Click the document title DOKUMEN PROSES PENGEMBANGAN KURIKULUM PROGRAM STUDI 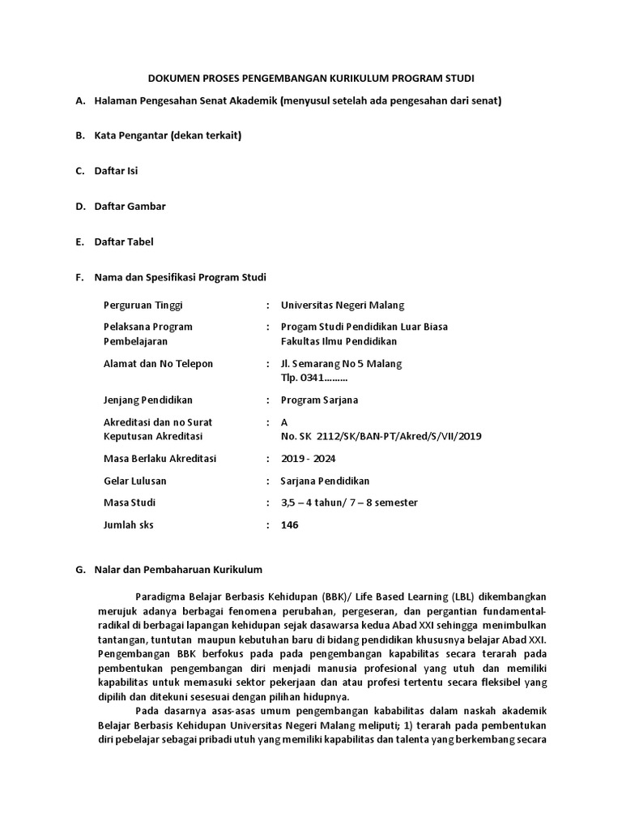point(311,78)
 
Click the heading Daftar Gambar point(130,206)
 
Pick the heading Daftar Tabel point(124,242)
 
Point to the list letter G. point(79,570)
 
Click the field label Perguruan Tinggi point(143,305)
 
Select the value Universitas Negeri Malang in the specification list point(342,305)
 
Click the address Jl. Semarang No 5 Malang point(341,363)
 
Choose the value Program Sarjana point(319,400)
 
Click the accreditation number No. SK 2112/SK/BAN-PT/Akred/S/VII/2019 point(381,436)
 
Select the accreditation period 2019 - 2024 point(309,459)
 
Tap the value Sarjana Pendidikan point(325,481)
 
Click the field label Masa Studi point(130,503)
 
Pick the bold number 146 point(289,524)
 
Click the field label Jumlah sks point(129,524)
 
